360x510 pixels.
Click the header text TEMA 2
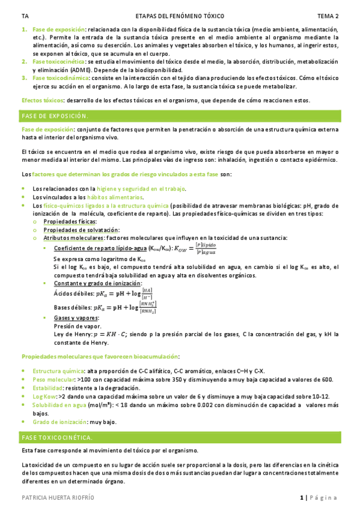pyautogui.click(x=328, y=16)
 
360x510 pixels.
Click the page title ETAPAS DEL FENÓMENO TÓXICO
pyautogui.click(x=178, y=16)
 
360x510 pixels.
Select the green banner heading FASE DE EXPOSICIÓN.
pyautogui.click(x=55, y=115)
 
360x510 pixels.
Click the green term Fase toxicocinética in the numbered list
pyautogui.click(x=59, y=61)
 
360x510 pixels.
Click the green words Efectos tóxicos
pyautogui.click(x=42, y=100)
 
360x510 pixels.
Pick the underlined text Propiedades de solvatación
pyautogui.click(x=85, y=230)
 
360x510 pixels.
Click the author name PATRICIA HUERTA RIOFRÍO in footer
pyautogui.click(x=58, y=498)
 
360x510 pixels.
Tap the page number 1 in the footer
pyautogui.click(x=301, y=498)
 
